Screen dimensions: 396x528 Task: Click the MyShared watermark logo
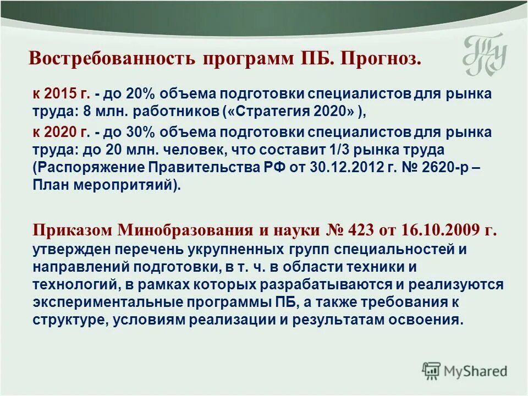(465, 371)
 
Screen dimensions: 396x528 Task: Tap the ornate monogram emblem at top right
(483, 55)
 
